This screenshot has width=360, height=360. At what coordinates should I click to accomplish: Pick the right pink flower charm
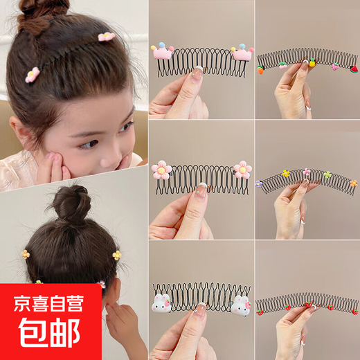pos(242,169)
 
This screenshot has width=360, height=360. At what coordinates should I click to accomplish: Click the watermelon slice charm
pos(283,64)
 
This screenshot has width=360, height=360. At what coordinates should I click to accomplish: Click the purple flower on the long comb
pos(259,185)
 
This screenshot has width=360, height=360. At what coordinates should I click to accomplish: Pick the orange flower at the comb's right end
pos(352,183)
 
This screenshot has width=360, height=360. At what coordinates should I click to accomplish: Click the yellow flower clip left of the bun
pos(26,254)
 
